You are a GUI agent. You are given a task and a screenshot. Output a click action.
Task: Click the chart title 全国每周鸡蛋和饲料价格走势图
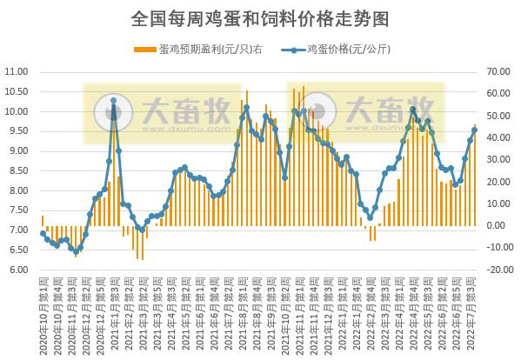pyautogui.click(x=259, y=17)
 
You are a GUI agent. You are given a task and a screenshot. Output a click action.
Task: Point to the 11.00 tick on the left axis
pyautogui.click(x=18, y=72)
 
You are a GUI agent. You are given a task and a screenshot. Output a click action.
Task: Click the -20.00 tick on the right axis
pyautogui.click(x=500, y=270)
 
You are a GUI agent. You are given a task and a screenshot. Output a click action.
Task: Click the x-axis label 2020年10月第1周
pyautogui.click(x=43, y=313)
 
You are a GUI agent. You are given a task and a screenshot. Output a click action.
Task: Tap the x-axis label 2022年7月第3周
pyautogui.click(x=472, y=313)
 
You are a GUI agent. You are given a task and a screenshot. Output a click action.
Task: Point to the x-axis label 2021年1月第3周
pyautogui.click(x=114, y=313)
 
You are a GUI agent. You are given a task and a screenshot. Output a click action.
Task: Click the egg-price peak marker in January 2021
pyautogui.click(x=113, y=101)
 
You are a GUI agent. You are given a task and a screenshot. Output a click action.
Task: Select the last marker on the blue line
pyautogui.click(x=475, y=131)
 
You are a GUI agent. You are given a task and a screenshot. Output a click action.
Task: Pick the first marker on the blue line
pyautogui.click(x=43, y=233)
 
